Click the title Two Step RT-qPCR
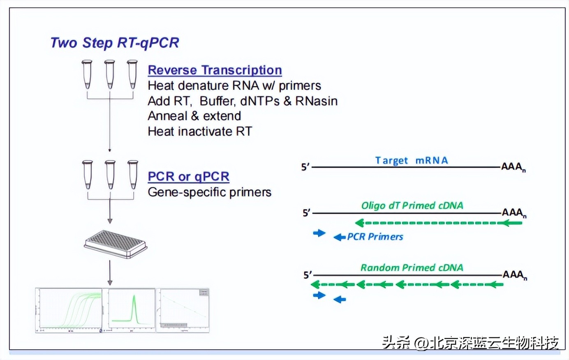point(115,43)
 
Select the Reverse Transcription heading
point(215,70)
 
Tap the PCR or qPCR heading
point(188,176)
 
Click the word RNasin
point(316,101)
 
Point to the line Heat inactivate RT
point(200,132)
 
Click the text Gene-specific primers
point(209,192)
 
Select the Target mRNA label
point(411,160)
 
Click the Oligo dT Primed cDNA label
point(412,205)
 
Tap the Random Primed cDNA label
point(412,268)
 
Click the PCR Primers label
point(375,237)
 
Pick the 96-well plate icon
point(116,245)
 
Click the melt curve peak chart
point(132,309)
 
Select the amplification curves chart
point(69,310)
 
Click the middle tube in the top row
point(109,74)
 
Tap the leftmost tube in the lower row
point(88,174)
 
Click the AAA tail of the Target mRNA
point(513,167)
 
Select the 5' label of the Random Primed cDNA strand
point(308,275)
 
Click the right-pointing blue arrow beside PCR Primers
point(319,233)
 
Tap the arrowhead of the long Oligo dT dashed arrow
point(359,223)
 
